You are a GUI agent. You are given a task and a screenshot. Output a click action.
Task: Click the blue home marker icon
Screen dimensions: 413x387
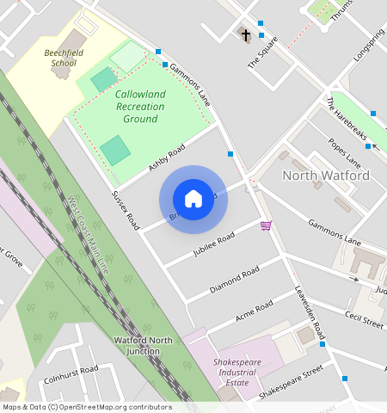click(193, 199)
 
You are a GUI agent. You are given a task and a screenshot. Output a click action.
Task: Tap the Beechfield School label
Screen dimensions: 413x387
click(64, 58)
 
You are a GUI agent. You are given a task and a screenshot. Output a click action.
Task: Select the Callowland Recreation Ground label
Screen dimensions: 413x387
click(139, 106)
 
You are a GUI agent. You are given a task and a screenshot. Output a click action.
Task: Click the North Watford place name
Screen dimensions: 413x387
click(326, 176)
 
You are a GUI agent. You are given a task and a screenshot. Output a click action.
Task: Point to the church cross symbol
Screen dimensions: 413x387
click(246, 35)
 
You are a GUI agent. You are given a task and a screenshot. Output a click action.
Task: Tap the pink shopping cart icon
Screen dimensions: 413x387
click(266, 225)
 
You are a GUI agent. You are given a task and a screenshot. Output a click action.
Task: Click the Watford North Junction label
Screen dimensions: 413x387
click(143, 346)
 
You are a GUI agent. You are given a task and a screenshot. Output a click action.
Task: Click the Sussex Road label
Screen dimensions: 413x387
click(126, 209)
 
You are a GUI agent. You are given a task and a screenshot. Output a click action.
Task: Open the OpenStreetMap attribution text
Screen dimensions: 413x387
click(86, 407)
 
